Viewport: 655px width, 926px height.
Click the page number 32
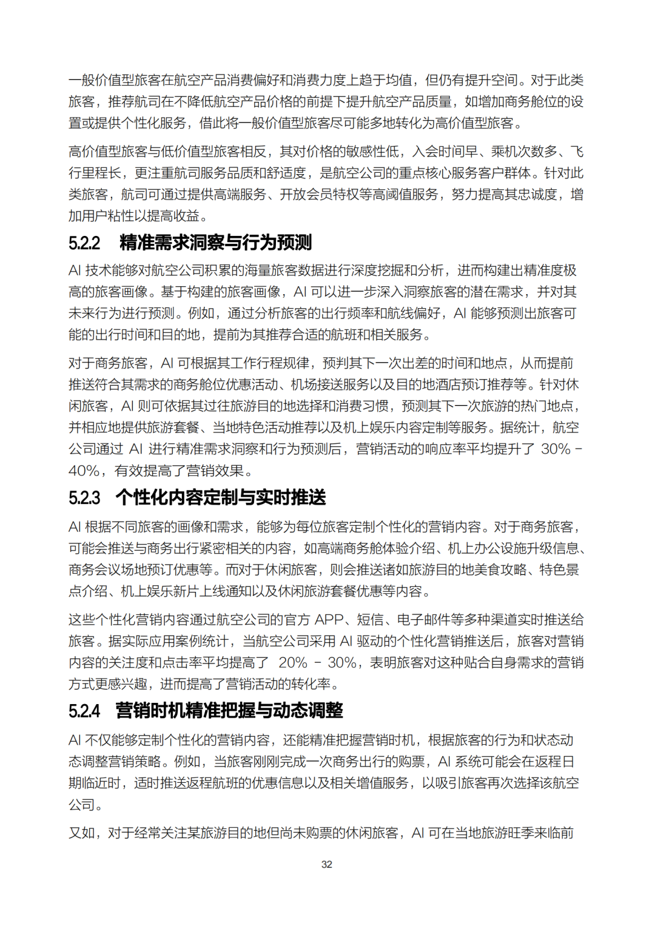tap(327, 864)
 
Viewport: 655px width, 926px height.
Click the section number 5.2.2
tap(84, 243)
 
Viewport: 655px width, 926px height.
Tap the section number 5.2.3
tap(84, 498)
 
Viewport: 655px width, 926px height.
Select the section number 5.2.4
tap(84, 711)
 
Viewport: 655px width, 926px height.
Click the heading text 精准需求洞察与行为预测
tap(215, 243)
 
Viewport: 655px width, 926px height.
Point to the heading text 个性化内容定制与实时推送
tap(221, 497)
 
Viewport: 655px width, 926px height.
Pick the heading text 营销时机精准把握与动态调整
tap(229, 710)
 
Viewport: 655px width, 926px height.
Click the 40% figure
tap(84, 471)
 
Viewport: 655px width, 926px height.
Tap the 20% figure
tap(294, 663)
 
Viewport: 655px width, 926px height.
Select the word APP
tap(329, 620)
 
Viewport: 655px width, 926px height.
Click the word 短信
tap(370, 620)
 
